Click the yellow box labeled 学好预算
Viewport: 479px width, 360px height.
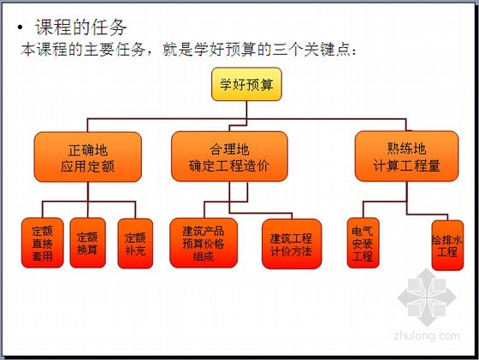pyautogui.click(x=246, y=85)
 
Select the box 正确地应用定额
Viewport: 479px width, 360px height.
pyautogui.click(x=87, y=157)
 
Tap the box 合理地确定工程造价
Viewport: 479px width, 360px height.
pyautogui.click(x=229, y=156)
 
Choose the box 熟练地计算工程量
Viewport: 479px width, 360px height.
pyautogui.click(x=406, y=156)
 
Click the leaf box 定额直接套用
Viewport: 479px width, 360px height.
pyautogui.click(x=43, y=243)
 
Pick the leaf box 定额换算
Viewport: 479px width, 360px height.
pyautogui.click(x=87, y=243)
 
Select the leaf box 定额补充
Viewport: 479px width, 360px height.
pyautogui.click(x=135, y=244)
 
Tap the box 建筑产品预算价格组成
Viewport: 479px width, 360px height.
pyautogui.click(x=204, y=243)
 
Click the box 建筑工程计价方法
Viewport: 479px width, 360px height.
pyautogui.click(x=292, y=244)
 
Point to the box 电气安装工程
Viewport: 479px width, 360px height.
pyautogui.click(x=363, y=243)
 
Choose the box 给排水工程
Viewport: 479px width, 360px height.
pyautogui.click(x=447, y=245)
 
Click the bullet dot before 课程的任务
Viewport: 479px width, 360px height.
pyautogui.click(x=21, y=27)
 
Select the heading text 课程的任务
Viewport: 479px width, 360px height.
pyautogui.click(x=81, y=27)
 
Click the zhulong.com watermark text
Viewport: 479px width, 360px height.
pyautogui.click(x=427, y=335)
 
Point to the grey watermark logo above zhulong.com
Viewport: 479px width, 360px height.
pyautogui.click(x=427, y=297)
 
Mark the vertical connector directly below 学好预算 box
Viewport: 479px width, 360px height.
pyautogui.click(x=246, y=110)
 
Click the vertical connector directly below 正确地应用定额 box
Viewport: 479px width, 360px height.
pyautogui.click(x=87, y=192)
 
